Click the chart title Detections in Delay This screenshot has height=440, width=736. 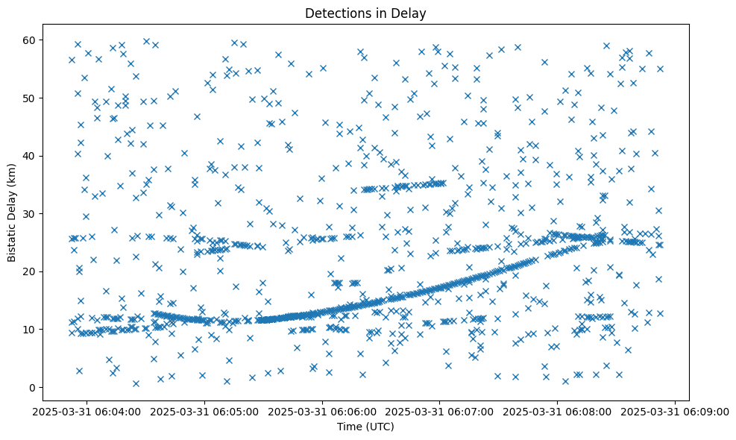[365, 13]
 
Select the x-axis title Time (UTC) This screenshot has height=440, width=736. [365, 427]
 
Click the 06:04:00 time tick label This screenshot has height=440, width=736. [87, 411]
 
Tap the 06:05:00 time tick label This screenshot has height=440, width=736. [205, 411]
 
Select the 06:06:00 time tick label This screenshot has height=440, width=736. [323, 411]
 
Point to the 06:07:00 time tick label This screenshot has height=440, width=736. [440, 411]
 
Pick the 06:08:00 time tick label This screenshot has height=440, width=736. [558, 411]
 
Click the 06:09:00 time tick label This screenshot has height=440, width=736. [676, 411]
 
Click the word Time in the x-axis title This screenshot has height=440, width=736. [349, 427]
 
